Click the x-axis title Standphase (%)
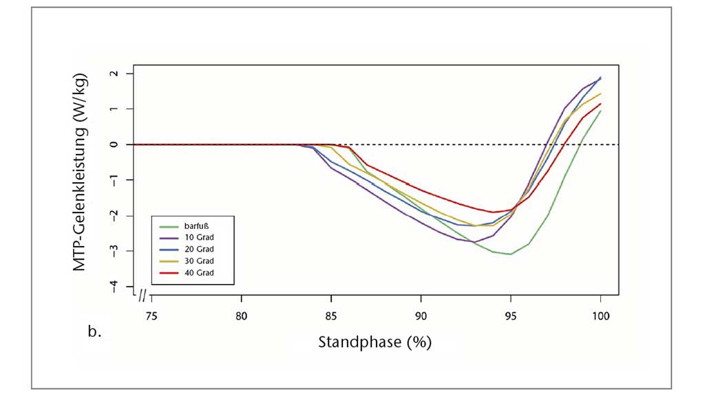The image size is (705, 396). tap(375, 342)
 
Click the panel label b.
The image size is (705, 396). tap(94, 333)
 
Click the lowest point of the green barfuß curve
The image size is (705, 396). tap(510, 254)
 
